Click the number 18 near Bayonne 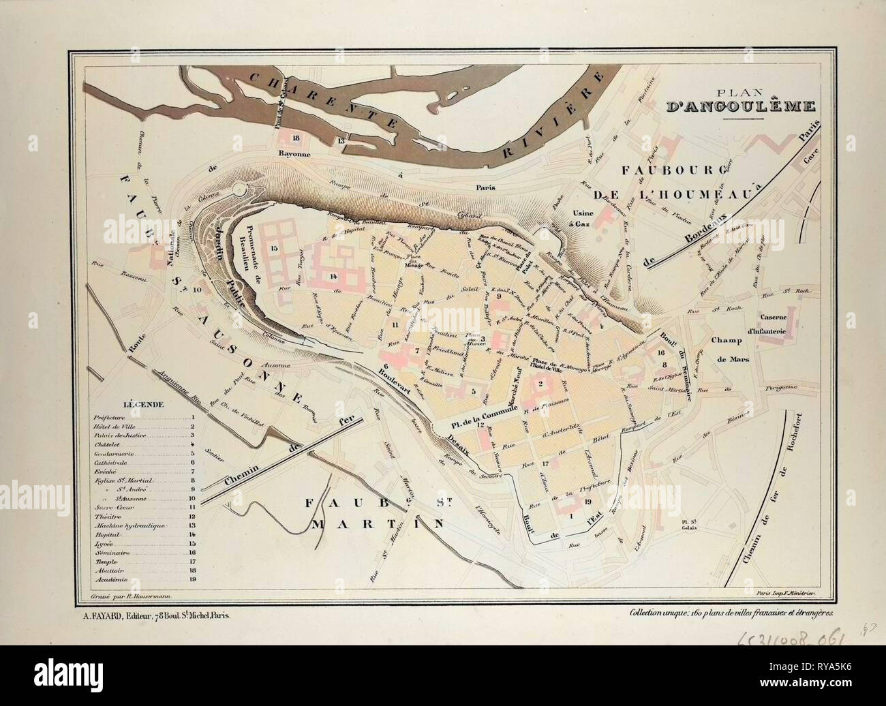tap(295, 138)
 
